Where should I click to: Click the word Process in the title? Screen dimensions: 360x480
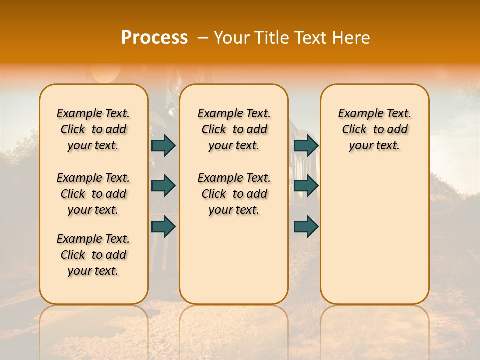[154, 38]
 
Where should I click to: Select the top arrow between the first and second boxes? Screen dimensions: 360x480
[163, 145]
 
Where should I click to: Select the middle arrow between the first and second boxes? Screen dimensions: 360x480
[163, 186]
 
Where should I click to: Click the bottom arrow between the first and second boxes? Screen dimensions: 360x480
[163, 227]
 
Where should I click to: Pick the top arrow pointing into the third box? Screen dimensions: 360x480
[306, 145]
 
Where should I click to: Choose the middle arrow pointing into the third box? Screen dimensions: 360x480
[306, 186]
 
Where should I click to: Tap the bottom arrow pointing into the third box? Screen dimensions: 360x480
[306, 227]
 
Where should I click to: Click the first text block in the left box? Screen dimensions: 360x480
[93, 129]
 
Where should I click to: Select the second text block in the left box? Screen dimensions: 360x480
[93, 194]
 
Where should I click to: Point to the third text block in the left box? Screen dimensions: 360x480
[93, 255]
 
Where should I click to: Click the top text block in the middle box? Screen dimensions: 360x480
[234, 129]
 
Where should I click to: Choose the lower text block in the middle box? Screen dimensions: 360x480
[234, 194]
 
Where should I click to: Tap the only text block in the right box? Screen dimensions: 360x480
[374, 129]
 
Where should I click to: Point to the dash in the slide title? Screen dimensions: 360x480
[203, 38]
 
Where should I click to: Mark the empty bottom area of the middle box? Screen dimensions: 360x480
[234, 265]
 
